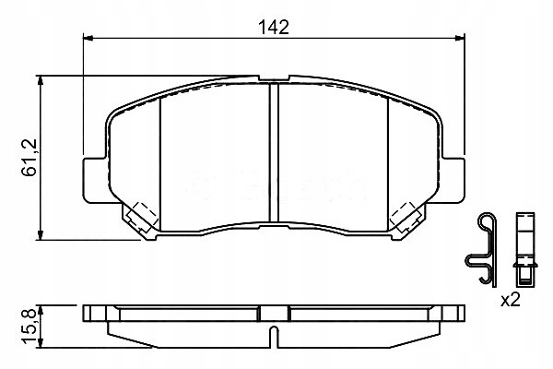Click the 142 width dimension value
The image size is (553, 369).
pyautogui.click(x=274, y=28)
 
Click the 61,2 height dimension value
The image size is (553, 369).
pyautogui.click(x=29, y=158)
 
